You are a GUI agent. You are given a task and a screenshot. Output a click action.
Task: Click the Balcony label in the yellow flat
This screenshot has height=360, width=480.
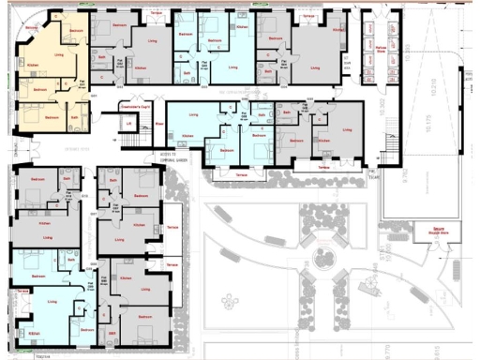pos(32,29)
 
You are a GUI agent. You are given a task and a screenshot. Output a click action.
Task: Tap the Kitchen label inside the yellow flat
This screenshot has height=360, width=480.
pos(31,65)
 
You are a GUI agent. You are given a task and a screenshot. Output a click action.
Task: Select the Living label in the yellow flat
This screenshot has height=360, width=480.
pos(59,55)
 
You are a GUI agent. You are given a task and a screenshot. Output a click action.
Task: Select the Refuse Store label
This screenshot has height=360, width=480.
pos(381,49)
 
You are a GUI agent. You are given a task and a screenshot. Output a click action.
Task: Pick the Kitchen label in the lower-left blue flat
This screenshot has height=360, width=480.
pos(34,333)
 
